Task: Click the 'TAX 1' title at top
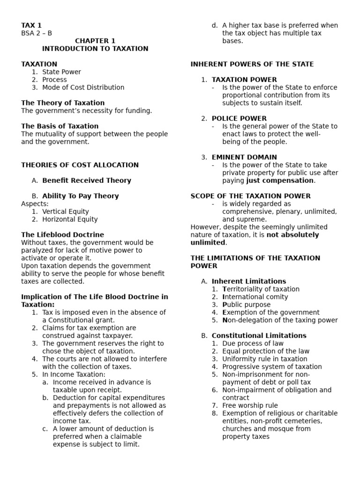[31, 25]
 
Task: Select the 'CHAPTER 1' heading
[95, 41]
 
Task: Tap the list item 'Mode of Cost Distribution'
[83, 87]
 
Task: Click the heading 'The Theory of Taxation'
[63, 103]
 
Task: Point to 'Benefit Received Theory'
[87, 180]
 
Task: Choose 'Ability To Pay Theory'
[80, 196]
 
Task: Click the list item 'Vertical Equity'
[65, 211]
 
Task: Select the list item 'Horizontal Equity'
[70, 219]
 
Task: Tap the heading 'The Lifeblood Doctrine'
[62, 235]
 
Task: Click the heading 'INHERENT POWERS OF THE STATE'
[252, 64]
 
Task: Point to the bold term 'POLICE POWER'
[239, 119]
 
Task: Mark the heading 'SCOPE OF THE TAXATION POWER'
[250, 196]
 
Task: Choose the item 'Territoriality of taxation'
[261, 289]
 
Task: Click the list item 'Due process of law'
[253, 343]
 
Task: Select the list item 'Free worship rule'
[250, 405]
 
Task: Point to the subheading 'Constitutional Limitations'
[259, 336]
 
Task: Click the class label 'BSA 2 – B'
[37, 33]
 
